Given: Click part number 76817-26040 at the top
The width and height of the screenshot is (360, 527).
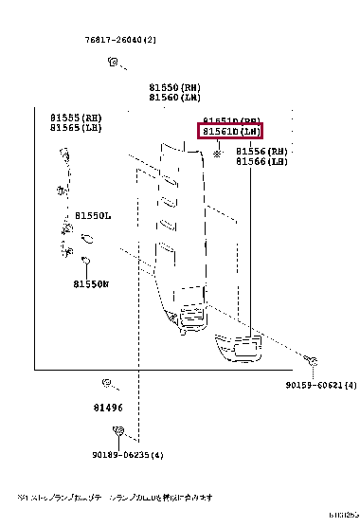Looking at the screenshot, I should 117,39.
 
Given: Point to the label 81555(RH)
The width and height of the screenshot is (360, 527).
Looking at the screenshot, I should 76,117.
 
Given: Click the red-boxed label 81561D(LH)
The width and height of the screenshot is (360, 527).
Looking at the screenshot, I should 229,131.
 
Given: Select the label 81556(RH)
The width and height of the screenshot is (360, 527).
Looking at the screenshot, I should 261,152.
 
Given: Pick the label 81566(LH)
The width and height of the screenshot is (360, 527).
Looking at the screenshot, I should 261,162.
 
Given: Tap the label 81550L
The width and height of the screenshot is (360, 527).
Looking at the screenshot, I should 94,216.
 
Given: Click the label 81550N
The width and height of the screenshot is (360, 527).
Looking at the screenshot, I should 91,283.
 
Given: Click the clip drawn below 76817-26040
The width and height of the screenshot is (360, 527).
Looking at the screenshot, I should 113,63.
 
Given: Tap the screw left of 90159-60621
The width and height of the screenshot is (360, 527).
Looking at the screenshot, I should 311,360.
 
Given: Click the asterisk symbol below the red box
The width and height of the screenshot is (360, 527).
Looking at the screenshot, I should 218,153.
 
